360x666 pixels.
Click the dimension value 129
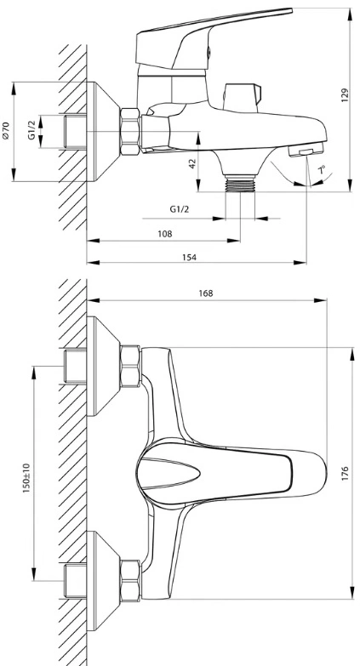[x=345, y=95]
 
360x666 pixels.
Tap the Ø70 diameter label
[x=6, y=130]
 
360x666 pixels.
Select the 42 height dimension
[x=193, y=163]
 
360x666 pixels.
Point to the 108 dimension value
[x=165, y=234]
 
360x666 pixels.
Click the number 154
[x=189, y=257]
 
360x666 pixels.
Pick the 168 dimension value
[x=206, y=293]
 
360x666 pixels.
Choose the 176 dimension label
[x=345, y=473]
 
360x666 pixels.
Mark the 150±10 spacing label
[x=26, y=478]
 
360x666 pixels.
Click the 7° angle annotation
[x=323, y=171]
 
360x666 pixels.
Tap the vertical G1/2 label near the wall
[x=31, y=130]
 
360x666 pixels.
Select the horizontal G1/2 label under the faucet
[x=179, y=209]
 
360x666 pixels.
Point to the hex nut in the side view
[x=129, y=132]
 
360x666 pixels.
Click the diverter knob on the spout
[x=242, y=97]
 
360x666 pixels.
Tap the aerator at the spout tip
[x=306, y=151]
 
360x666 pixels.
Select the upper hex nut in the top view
[x=130, y=367]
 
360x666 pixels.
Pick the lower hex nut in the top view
[x=130, y=581]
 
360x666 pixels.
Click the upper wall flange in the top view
[x=103, y=366]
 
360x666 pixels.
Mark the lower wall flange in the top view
[x=103, y=581]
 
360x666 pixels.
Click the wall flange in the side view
[x=103, y=132]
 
